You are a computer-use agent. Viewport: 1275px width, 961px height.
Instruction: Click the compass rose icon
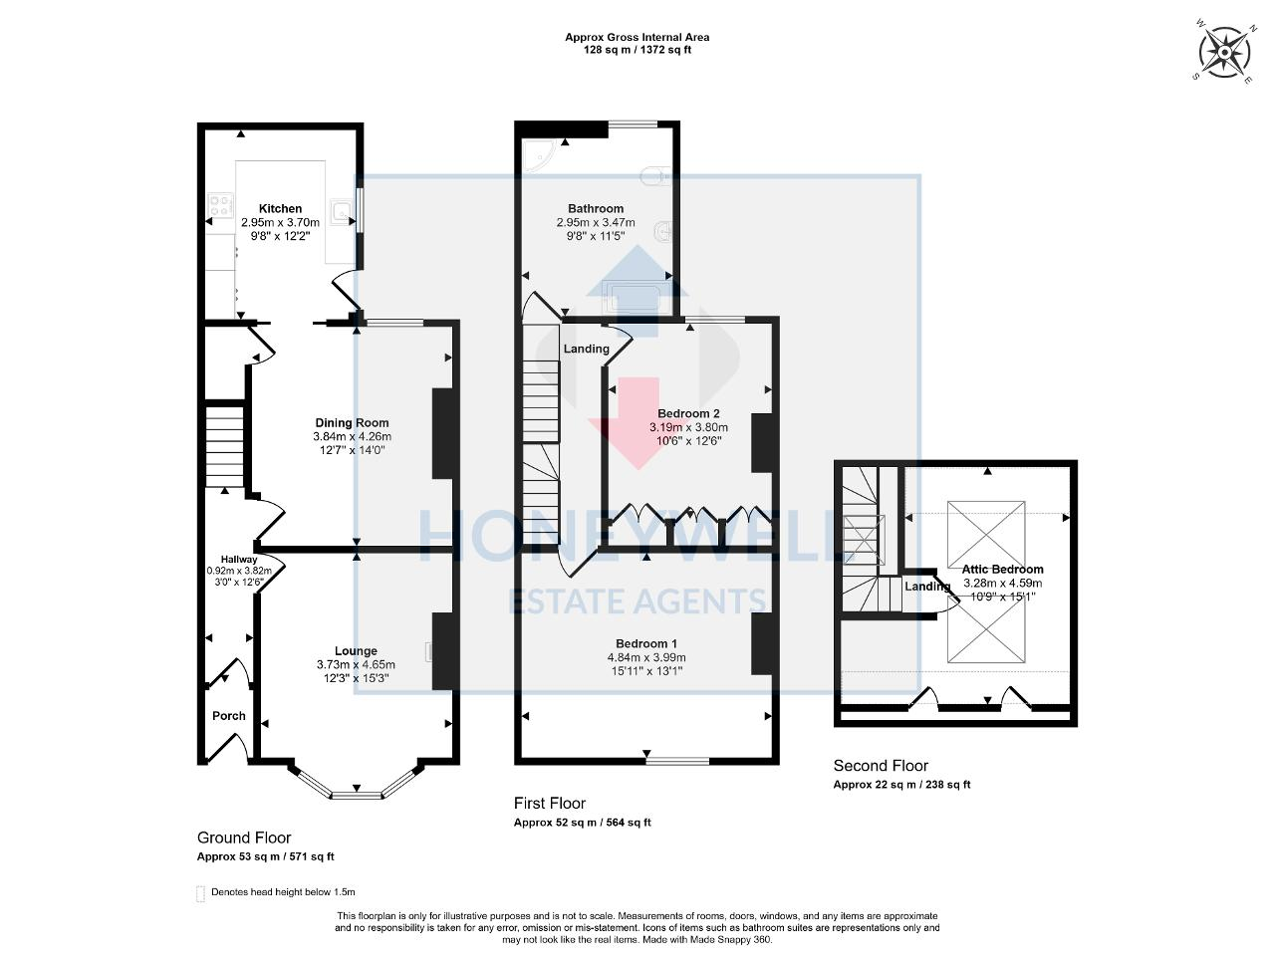(1224, 52)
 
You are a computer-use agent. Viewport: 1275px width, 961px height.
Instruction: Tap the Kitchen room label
(280, 209)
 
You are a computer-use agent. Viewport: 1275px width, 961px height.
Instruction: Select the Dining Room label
(352, 423)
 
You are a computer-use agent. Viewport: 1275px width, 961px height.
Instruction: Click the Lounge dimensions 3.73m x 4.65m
(356, 665)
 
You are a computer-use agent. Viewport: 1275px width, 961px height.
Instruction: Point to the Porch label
(229, 716)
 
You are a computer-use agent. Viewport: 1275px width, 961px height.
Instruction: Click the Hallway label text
(239, 560)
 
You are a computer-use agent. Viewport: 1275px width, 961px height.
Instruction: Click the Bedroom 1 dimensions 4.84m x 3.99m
(646, 657)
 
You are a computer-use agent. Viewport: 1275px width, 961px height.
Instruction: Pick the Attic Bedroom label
(1002, 570)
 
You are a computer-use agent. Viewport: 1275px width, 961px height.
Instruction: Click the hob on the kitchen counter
(216, 207)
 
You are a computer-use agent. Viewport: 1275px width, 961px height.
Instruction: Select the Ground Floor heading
(244, 838)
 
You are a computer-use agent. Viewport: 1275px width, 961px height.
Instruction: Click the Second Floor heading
(881, 766)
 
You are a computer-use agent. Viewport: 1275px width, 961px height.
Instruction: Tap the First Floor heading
(550, 803)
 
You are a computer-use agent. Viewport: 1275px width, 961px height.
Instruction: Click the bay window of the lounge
(356, 793)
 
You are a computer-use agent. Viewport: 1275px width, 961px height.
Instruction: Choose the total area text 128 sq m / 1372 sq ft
(637, 50)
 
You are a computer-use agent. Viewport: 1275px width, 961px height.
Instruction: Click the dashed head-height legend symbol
(200, 892)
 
